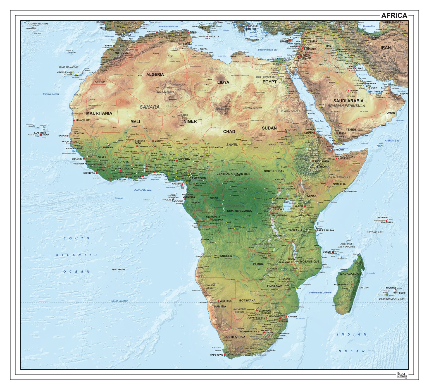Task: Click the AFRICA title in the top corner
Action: tap(394, 15)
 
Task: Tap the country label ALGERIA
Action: tap(155, 75)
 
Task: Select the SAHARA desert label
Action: tap(150, 107)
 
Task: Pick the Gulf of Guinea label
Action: tap(143, 190)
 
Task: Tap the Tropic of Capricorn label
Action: tap(119, 301)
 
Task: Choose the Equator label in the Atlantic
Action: tap(119, 198)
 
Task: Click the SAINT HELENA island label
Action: tap(118, 269)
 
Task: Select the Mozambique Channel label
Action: tap(320, 293)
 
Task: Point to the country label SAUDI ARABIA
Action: tap(348, 101)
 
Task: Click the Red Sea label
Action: tap(319, 121)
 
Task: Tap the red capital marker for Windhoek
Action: tap(219, 301)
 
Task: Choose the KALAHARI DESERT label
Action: tap(239, 310)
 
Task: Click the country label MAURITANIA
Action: tap(99, 113)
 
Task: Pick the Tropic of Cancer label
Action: tap(51, 94)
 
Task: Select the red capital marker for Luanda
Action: tap(202, 240)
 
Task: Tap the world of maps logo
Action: tap(402, 375)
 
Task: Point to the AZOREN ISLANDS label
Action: tap(38, 24)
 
